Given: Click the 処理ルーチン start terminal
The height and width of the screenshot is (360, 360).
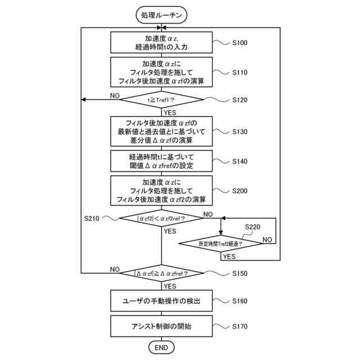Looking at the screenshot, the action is tap(161, 15).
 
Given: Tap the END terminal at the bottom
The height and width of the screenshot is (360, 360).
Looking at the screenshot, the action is tap(161, 348).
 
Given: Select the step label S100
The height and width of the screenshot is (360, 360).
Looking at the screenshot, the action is tap(240, 43).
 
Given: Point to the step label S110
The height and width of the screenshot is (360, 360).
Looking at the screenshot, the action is tap(240, 73).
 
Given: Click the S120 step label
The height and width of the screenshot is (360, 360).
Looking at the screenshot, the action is tap(240, 100).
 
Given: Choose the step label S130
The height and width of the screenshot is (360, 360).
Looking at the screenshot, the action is tap(240, 132).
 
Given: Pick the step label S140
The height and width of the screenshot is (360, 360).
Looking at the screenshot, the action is tap(240, 161).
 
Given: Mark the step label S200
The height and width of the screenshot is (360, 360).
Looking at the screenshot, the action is tap(240, 191).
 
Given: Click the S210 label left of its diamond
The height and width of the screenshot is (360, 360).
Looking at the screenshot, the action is tap(92, 218).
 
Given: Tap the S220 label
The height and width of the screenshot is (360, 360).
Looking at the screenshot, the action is tap(253, 227).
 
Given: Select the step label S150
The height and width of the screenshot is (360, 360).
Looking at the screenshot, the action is tap(240, 273).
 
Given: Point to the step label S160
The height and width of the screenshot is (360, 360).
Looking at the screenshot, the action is tap(240, 301).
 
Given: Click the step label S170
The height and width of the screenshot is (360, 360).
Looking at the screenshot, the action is tap(240, 326).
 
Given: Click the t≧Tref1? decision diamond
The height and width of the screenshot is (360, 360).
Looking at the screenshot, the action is tap(161, 100).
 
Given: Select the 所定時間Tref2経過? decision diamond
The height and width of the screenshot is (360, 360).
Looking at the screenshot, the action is tap(220, 244).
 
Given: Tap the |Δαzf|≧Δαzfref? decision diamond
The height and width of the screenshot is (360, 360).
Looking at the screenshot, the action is tap(161, 273).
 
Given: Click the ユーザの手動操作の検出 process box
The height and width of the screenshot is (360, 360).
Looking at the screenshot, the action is tap(161, 301).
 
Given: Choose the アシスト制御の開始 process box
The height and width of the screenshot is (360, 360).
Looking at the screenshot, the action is tap(161, 326).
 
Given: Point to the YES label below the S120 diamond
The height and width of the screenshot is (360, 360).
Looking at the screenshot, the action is tap(170, 112).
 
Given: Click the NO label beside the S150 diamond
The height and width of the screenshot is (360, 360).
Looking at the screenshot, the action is tap(115, 269).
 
